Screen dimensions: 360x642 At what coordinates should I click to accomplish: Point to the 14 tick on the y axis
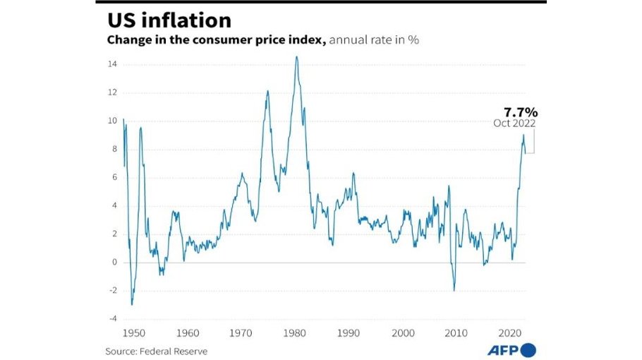(x=112, y=64)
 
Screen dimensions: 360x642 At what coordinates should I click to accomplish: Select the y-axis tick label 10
(x=112, y=121)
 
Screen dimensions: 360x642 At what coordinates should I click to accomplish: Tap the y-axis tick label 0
(x=114, y=262)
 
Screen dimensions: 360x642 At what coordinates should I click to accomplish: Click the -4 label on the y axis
(x=112, y=318)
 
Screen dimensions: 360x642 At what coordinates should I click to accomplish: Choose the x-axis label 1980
(x=295, y=332)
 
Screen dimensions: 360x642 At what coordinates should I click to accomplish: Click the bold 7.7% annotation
(x=520, y=112)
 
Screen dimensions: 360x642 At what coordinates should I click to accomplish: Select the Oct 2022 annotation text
(x=515, y=124)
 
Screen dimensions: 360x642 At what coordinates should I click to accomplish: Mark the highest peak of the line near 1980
(x=296, y=56)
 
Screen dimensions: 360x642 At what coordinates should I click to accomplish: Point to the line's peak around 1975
(x=268, y=90)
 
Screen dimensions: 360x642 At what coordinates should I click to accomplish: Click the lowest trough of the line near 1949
(x=131, y=304)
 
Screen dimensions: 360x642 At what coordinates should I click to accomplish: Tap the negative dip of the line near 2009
(x=454, y=290)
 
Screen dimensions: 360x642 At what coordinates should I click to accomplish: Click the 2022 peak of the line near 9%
(x=523, y=135)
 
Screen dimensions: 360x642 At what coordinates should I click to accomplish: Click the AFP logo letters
(x=502, y=350)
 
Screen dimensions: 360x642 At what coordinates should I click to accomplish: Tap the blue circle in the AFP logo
(x=528, y=350)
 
